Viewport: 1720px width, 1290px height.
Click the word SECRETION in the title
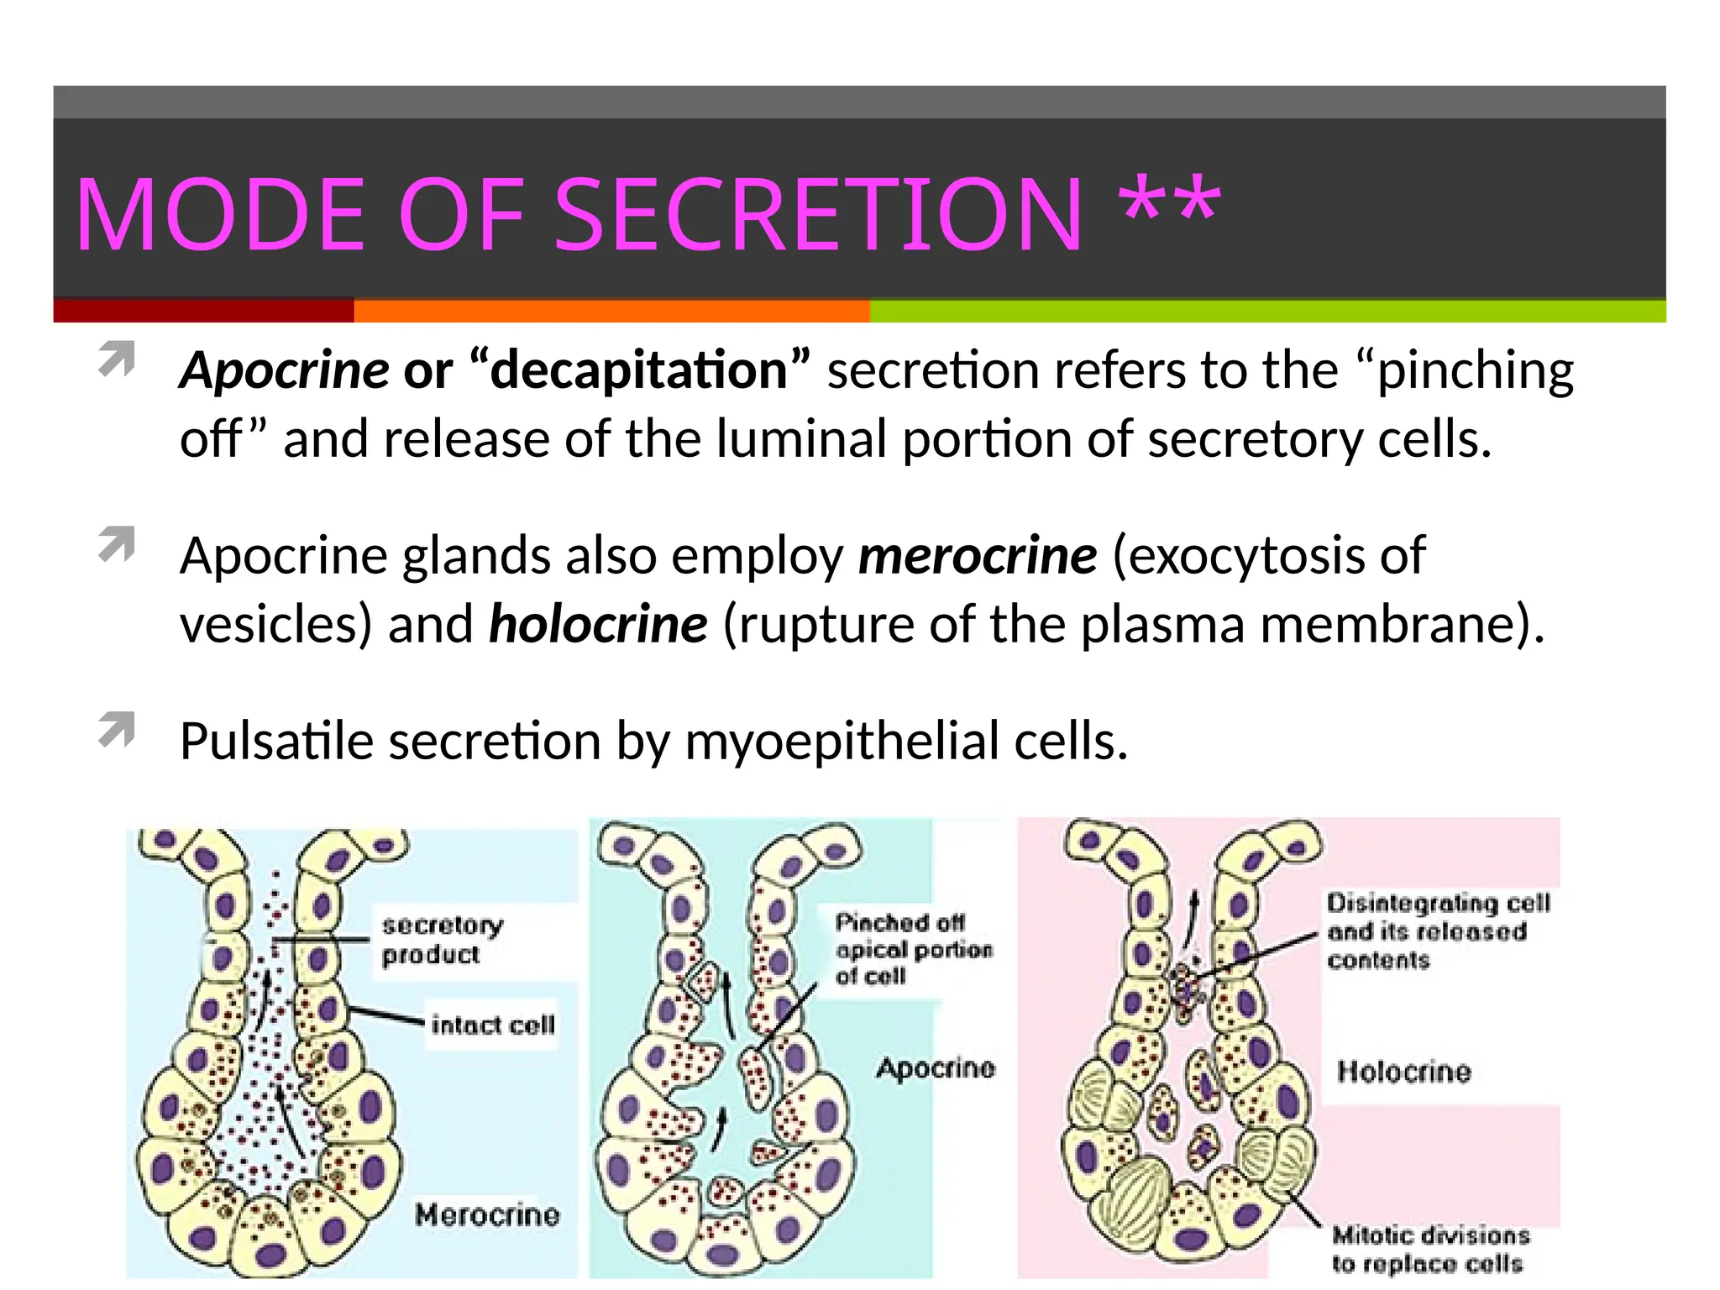tap(819, 215)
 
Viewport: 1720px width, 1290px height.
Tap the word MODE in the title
tap(220, 215)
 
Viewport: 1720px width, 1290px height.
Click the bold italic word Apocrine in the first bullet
tap(285, 370)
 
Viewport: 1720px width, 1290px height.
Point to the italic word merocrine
tap(978, 555)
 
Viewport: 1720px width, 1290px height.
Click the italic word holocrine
tap(598, 624)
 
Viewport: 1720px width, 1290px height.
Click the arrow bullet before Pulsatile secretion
tap(117, 730)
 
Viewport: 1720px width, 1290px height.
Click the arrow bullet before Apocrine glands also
tap(117, 544)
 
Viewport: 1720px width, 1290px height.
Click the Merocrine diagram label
tap(487, 1214)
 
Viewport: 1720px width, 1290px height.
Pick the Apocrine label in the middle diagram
tap(935, 1067)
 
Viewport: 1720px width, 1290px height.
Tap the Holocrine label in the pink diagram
tap(1403, 1072)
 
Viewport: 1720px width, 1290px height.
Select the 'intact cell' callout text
tap(493, 1025)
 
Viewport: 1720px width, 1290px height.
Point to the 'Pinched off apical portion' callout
tap(913, 949)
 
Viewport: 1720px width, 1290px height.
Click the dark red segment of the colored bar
tap(203, 311)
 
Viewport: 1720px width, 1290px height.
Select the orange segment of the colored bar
tap(611, 311)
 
